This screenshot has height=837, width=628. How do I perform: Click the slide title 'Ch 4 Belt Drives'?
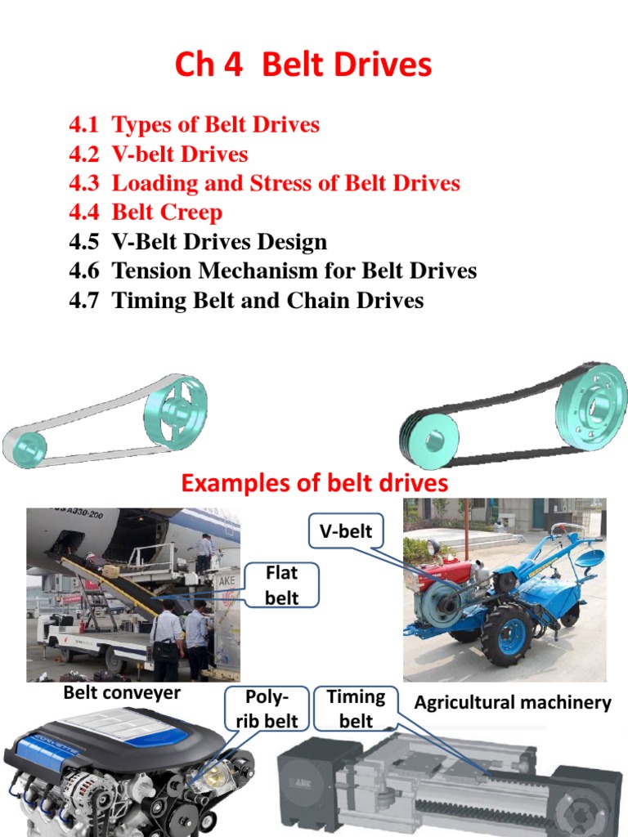[303, 65]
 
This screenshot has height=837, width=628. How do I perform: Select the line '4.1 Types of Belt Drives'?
[195, 125]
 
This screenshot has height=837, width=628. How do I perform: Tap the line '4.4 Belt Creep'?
[146, 213]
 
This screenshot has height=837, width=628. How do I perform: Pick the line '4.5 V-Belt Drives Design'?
[198, 242]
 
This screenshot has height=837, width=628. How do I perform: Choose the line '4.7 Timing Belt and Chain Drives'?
[246, 301]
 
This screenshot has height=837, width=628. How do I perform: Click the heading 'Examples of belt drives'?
[314, 483]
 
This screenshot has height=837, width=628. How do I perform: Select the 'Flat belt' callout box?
[281, 586]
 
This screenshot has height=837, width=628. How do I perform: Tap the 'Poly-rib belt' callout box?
[267, 709]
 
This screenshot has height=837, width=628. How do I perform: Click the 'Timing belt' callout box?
[356, 708]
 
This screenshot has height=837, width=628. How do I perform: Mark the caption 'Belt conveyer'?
[122, 694]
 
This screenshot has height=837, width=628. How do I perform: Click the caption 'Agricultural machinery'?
[513, 702]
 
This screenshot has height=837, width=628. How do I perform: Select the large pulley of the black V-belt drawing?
[591, 406]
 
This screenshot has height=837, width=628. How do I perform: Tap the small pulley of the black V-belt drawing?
[428, 441]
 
